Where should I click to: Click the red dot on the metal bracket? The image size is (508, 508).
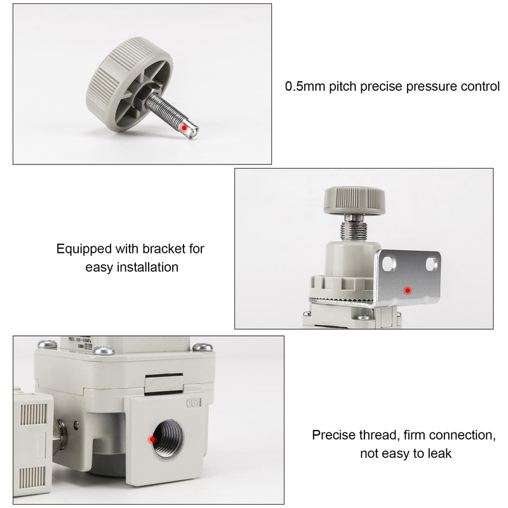(408, 290)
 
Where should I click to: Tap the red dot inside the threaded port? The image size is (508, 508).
(152, 439)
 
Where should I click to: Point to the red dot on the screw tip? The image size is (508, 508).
(184, 128)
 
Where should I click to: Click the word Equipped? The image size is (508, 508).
(82, 249)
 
